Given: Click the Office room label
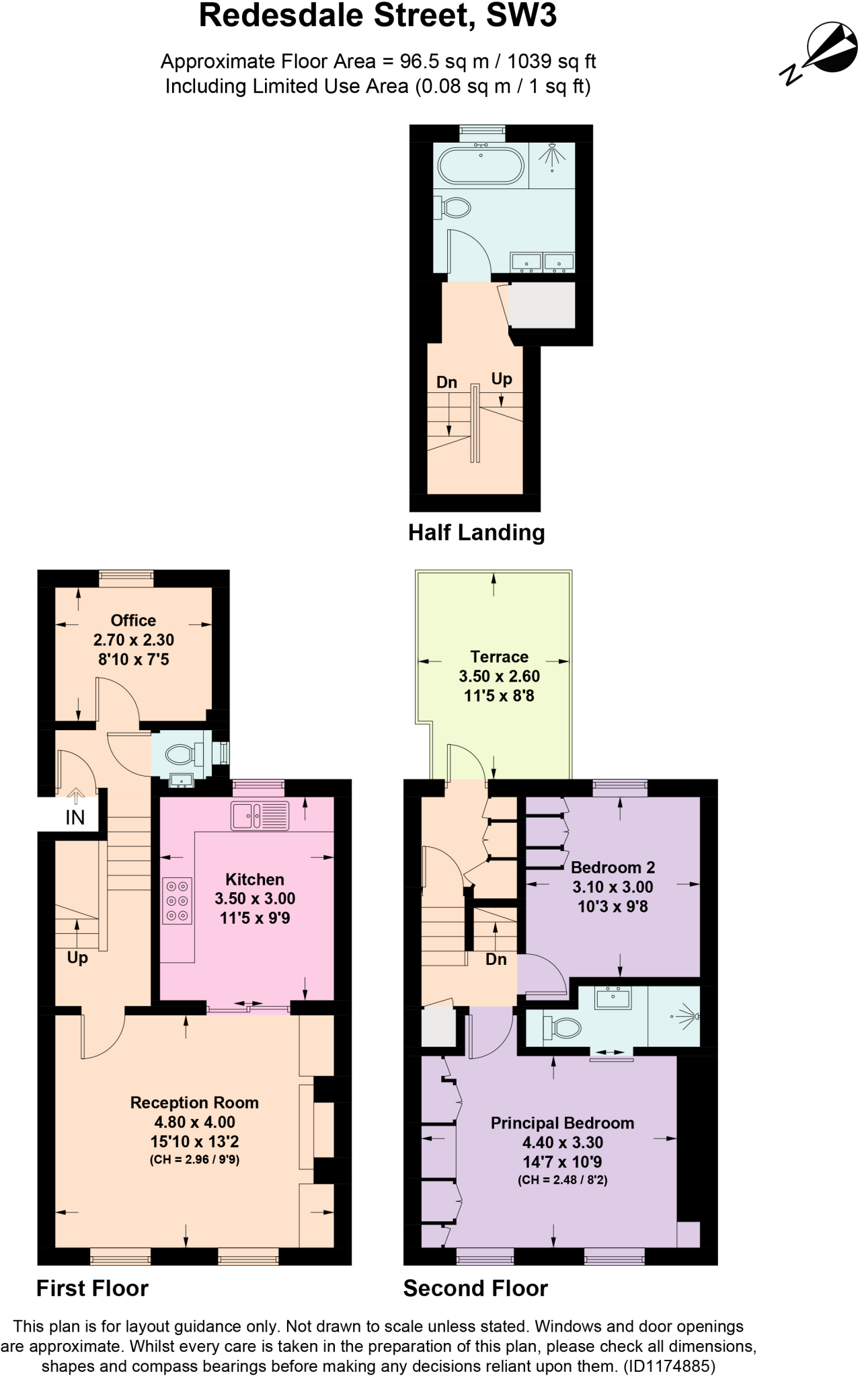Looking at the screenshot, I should pyautogui.click(x=133, y=620).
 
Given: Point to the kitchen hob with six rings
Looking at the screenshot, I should pyautogui.click(x=177, y=900).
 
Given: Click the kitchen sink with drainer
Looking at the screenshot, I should pyautogui.click(x=260, y=815).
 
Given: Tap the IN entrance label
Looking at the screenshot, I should pyautogui.click(x=75, y=818).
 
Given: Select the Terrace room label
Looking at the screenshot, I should pyautogui.click(x=499, y=657).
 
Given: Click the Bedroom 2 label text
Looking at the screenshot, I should pyautogui.click(x=613, y=867).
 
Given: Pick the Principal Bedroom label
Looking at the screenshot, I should pyautogui.click(x=562, y=1123).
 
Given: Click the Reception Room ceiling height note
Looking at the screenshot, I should pyautogui.click(x=194, y=1159).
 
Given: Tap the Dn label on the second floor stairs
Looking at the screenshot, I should pyautogui.click(x=496, y=959).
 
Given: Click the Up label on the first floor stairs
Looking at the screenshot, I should pyautogui.click(x=77, y=957).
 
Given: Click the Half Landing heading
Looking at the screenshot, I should pyautogui.click(x=476, y=532).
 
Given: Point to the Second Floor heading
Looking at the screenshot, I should pyautogui.click(x=475, y=1288).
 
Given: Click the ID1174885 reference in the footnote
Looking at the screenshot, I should pyautogui.click(x=669, y=1366).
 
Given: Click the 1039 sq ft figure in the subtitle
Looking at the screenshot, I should pyautogui.click(x=551, y=61).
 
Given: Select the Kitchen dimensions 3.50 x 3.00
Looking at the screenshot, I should pyautogui.click(x=255, y=899).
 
